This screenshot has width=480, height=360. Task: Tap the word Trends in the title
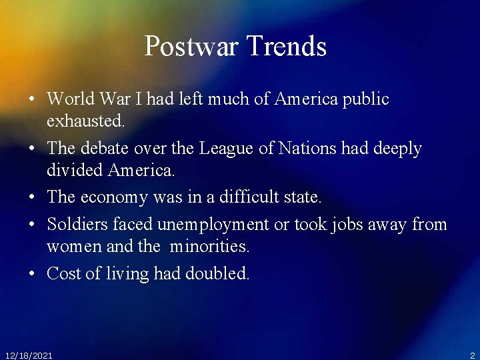(287, 47)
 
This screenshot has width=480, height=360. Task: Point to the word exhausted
(85, 121)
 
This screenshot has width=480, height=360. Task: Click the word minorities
(209, 247)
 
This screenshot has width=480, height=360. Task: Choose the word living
(128, 274)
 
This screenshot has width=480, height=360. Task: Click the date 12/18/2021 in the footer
(29, 355)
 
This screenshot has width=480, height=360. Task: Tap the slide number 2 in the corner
(472, 355)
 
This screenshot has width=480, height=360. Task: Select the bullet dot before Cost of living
(32, 274)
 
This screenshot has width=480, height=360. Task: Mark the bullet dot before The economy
(32, 198)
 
